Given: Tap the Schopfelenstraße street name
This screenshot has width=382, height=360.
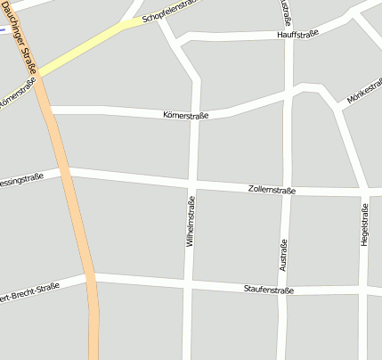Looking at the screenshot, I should (x=168, y=10).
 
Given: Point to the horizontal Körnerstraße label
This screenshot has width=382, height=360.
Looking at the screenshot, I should (x=185, y=115).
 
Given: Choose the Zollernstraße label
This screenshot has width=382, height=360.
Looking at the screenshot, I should (x=272, y=190).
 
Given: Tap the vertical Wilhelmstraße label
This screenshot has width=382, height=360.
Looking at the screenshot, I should (x=190, y=223).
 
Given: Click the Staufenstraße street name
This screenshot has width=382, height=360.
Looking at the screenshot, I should (x=269, y=290).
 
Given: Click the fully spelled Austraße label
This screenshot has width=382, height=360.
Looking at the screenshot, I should (x=284, y=256).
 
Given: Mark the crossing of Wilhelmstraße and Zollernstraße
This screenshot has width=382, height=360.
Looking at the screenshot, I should (x=191, y=185).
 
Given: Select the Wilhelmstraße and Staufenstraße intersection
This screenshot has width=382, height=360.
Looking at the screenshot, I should (x=187, y=286).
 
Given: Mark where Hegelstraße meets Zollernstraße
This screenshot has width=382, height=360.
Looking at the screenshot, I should (x=364, y=192).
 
